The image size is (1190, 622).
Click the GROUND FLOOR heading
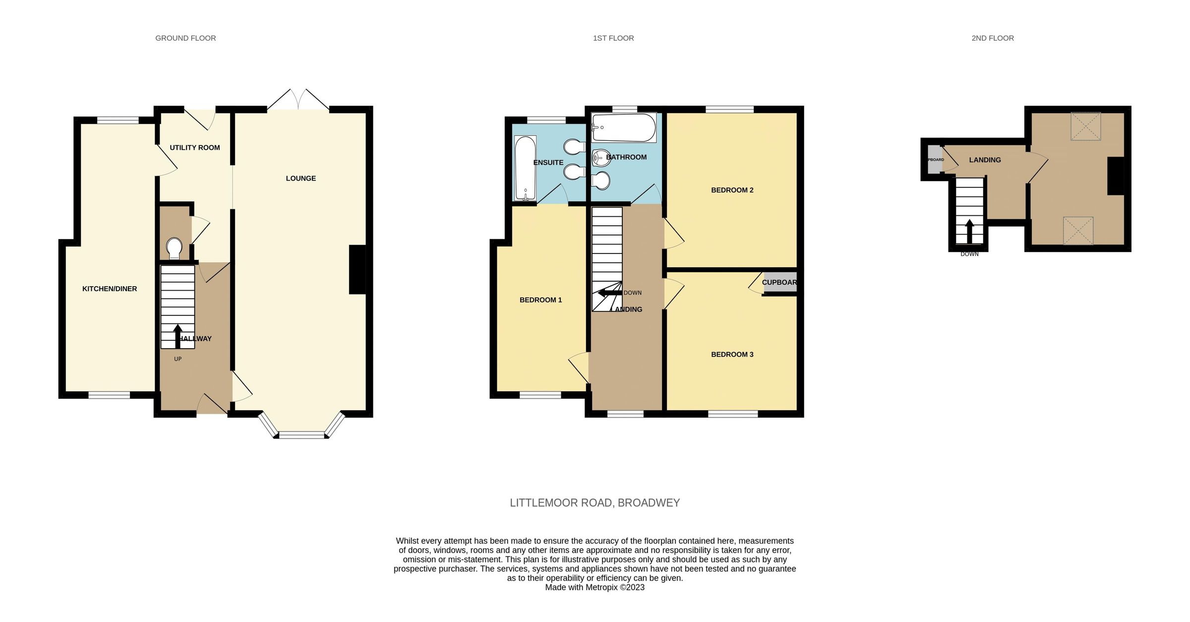[185, 38]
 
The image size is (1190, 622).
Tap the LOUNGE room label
[300, 179]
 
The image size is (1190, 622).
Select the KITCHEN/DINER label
[110, 289]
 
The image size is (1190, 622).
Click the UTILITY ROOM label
[194, 148]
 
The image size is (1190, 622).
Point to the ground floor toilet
[174, 248]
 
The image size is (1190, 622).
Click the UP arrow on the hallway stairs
[178, 336]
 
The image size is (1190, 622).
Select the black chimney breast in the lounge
[357, 270]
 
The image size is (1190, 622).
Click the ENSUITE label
[548, 163]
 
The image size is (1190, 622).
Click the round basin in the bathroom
[600, 158]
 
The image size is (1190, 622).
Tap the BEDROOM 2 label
[732, 190]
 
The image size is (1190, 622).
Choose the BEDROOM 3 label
[732, 355]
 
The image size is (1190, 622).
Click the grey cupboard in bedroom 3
[780, 282]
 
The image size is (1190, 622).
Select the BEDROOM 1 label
[540, 300]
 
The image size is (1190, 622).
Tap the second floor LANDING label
[985, 160]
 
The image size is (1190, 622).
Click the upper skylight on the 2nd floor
[1085, 126]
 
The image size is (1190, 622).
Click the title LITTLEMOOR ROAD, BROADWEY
[595, 503]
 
